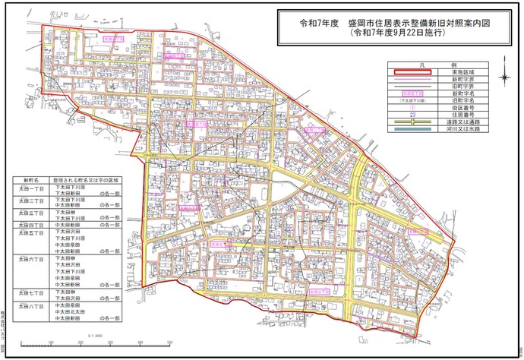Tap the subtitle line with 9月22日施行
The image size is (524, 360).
(402, 34)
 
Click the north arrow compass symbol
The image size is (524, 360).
(505, 77)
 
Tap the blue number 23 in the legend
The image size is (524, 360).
(411, 115)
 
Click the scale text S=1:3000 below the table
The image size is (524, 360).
(96, 334)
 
